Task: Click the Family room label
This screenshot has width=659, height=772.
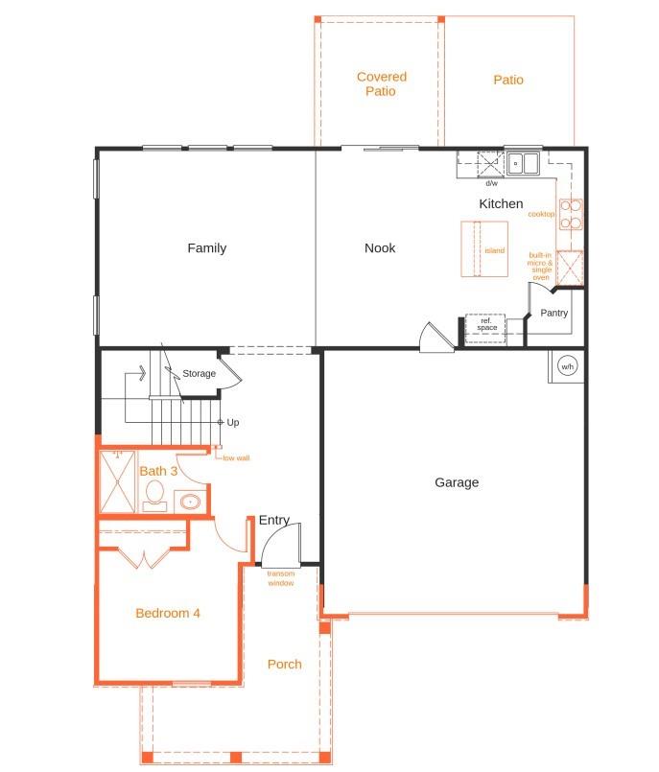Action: pyautogui.click(x=206, y=248)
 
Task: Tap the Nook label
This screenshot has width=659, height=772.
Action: pyautogui.click(x=380, y=248)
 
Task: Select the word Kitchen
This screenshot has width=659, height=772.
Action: pyautogui.click(x=501, y=203)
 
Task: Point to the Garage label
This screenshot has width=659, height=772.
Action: pyautogui.click(x=457, y=482)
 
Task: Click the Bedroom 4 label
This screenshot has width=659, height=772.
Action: pyautogui.click(x=168, y=613)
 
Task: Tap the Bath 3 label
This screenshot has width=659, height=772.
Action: pyautogui.click(x=159, y=471)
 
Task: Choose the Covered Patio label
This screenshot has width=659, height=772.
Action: pyautogui.click(x=381, y=83)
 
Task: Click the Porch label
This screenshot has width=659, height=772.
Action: pyautogui.click(x=285, y=664)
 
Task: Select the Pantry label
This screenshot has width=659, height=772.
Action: pyautogui.click(x=553, y=313)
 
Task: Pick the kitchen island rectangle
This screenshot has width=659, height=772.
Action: pyautogui.click(x=484, y=249)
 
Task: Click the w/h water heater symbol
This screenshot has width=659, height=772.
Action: pyautogui.click(x=566, y=367)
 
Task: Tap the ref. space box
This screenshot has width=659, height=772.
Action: pyautogui.click(x=486, y=324)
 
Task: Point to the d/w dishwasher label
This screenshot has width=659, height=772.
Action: pyautogui.click(x=491, y=182)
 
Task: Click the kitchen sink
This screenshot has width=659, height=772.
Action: pyautogui.click(x=524, y=163)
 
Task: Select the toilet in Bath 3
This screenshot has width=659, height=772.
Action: pyautogui.click(x=154, y=495)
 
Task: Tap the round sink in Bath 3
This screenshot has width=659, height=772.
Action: pyautogui.click(x=188, y=502)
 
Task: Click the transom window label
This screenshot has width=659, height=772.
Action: pyautogui.click(x=281, y=577)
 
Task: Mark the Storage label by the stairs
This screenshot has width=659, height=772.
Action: pyautogui.click(x=200, y=373)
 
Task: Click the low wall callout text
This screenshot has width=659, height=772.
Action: pyautogui.click(x=236, y=458)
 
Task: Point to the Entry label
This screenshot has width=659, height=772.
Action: pyautogui.click(x=273, y=520)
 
